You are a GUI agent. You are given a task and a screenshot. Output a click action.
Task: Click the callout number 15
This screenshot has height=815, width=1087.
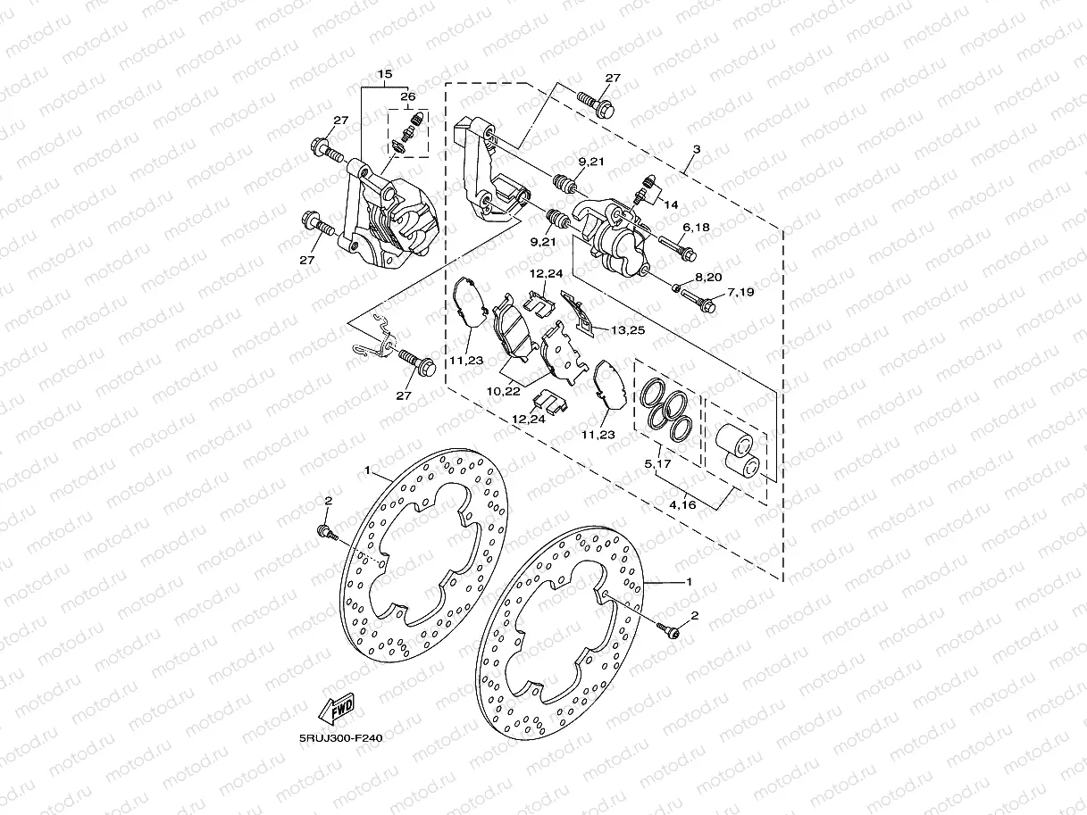click(385, 73)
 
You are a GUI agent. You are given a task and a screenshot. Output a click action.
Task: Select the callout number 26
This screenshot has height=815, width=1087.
click(408, 96)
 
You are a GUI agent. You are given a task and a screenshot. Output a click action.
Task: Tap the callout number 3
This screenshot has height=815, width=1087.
click(696, 150)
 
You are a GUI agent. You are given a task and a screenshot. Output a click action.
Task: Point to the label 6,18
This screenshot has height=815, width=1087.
click(696, 229)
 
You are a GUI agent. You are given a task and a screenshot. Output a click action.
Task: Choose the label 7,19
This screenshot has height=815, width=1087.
click(740, 292)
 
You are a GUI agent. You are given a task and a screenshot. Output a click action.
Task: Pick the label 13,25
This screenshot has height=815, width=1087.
click(629, 330)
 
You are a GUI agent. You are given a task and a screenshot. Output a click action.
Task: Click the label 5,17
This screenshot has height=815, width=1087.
click(658, 464)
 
